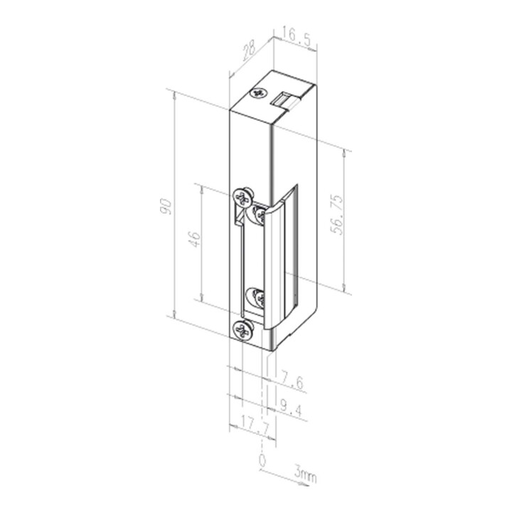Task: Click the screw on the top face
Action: (x=257, y=93)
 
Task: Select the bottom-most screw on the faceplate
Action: (x=243, y=329)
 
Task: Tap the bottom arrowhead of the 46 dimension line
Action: (x=202, y=299)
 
